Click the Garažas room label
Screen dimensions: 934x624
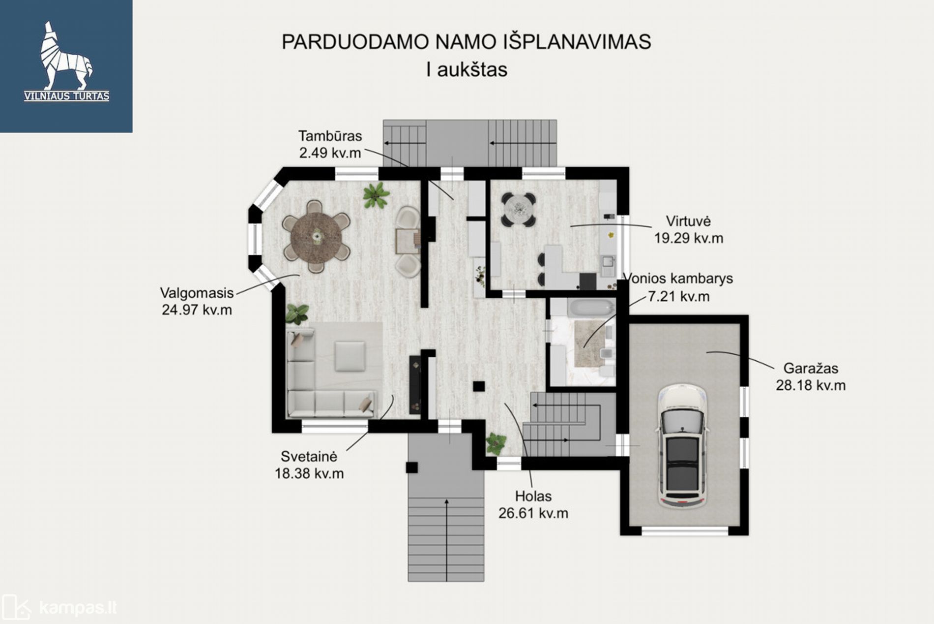[811, 368]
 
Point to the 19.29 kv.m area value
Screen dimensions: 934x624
[688, 238]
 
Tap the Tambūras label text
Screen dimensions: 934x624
[330, 136]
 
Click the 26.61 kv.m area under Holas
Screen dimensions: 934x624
[533, 513]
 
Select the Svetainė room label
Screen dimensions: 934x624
[309, 456]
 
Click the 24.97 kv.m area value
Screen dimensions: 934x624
[197, 310]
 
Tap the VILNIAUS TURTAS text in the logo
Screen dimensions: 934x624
[67, 96]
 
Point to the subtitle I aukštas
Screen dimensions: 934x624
[467, 69]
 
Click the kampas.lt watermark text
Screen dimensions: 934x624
[78, 608]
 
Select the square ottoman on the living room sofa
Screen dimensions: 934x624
[350, 356]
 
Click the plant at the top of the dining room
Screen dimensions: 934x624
[376, 195]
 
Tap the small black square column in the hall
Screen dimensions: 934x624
[479, 386]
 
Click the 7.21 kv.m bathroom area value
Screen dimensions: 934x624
[678, 297]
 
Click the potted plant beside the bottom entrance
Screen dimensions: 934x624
[496, 444]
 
